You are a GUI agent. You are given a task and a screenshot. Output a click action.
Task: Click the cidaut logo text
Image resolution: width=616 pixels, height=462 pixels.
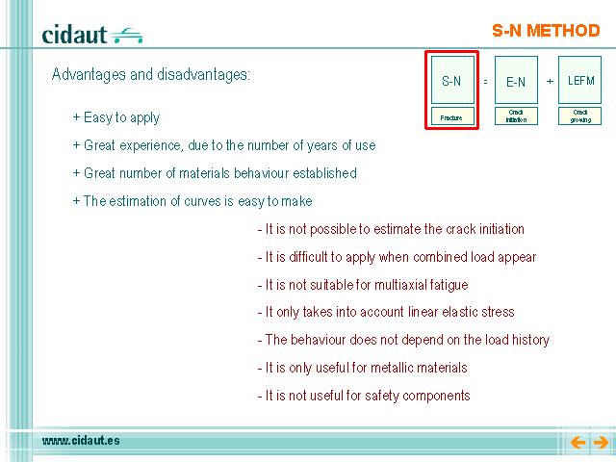74,35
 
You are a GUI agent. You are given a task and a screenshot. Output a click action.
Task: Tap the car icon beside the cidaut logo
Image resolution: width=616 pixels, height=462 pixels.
126,36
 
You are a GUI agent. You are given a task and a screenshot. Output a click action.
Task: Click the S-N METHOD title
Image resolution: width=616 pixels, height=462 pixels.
546,31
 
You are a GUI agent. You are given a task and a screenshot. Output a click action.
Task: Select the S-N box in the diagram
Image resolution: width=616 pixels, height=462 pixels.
452,80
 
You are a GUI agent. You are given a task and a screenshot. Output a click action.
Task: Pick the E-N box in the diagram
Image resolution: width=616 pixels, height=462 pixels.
516,80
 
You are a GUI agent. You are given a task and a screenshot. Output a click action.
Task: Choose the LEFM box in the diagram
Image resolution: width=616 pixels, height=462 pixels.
579,80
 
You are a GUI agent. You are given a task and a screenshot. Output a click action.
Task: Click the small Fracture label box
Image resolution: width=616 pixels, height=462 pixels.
452,116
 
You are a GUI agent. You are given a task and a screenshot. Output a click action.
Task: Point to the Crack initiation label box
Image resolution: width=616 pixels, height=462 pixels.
516,116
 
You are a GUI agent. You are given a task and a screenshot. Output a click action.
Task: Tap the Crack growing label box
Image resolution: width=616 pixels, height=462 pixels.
579,116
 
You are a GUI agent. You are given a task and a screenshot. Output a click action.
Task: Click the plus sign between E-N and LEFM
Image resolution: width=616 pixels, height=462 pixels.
550,81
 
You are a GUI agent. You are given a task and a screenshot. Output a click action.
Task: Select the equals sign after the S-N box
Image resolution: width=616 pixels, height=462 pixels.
485,81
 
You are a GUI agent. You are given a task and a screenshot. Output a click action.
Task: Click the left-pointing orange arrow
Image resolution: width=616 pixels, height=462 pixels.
577,443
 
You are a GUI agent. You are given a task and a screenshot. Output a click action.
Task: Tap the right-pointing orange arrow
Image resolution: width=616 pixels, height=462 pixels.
601,443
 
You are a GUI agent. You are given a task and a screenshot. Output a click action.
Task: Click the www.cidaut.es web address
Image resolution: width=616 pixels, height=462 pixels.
81,441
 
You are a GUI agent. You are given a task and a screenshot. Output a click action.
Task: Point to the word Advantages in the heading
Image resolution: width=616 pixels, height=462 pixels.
89,75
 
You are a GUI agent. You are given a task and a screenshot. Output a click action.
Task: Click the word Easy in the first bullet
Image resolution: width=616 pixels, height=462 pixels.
97,117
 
